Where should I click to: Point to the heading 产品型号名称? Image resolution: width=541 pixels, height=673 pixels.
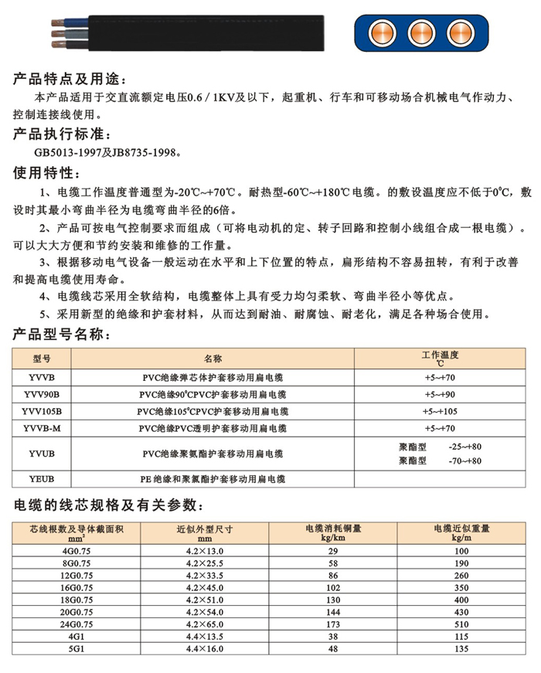pos(61,335)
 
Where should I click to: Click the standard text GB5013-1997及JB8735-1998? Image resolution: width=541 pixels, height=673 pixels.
pos(109,152)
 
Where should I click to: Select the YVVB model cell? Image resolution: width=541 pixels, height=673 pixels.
pos(42,378)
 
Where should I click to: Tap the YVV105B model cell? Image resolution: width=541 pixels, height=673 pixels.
pos(42,410)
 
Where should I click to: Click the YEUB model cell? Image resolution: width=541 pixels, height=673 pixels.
pos(42,479)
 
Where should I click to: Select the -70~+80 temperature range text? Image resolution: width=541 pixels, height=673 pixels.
pos(464,461)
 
